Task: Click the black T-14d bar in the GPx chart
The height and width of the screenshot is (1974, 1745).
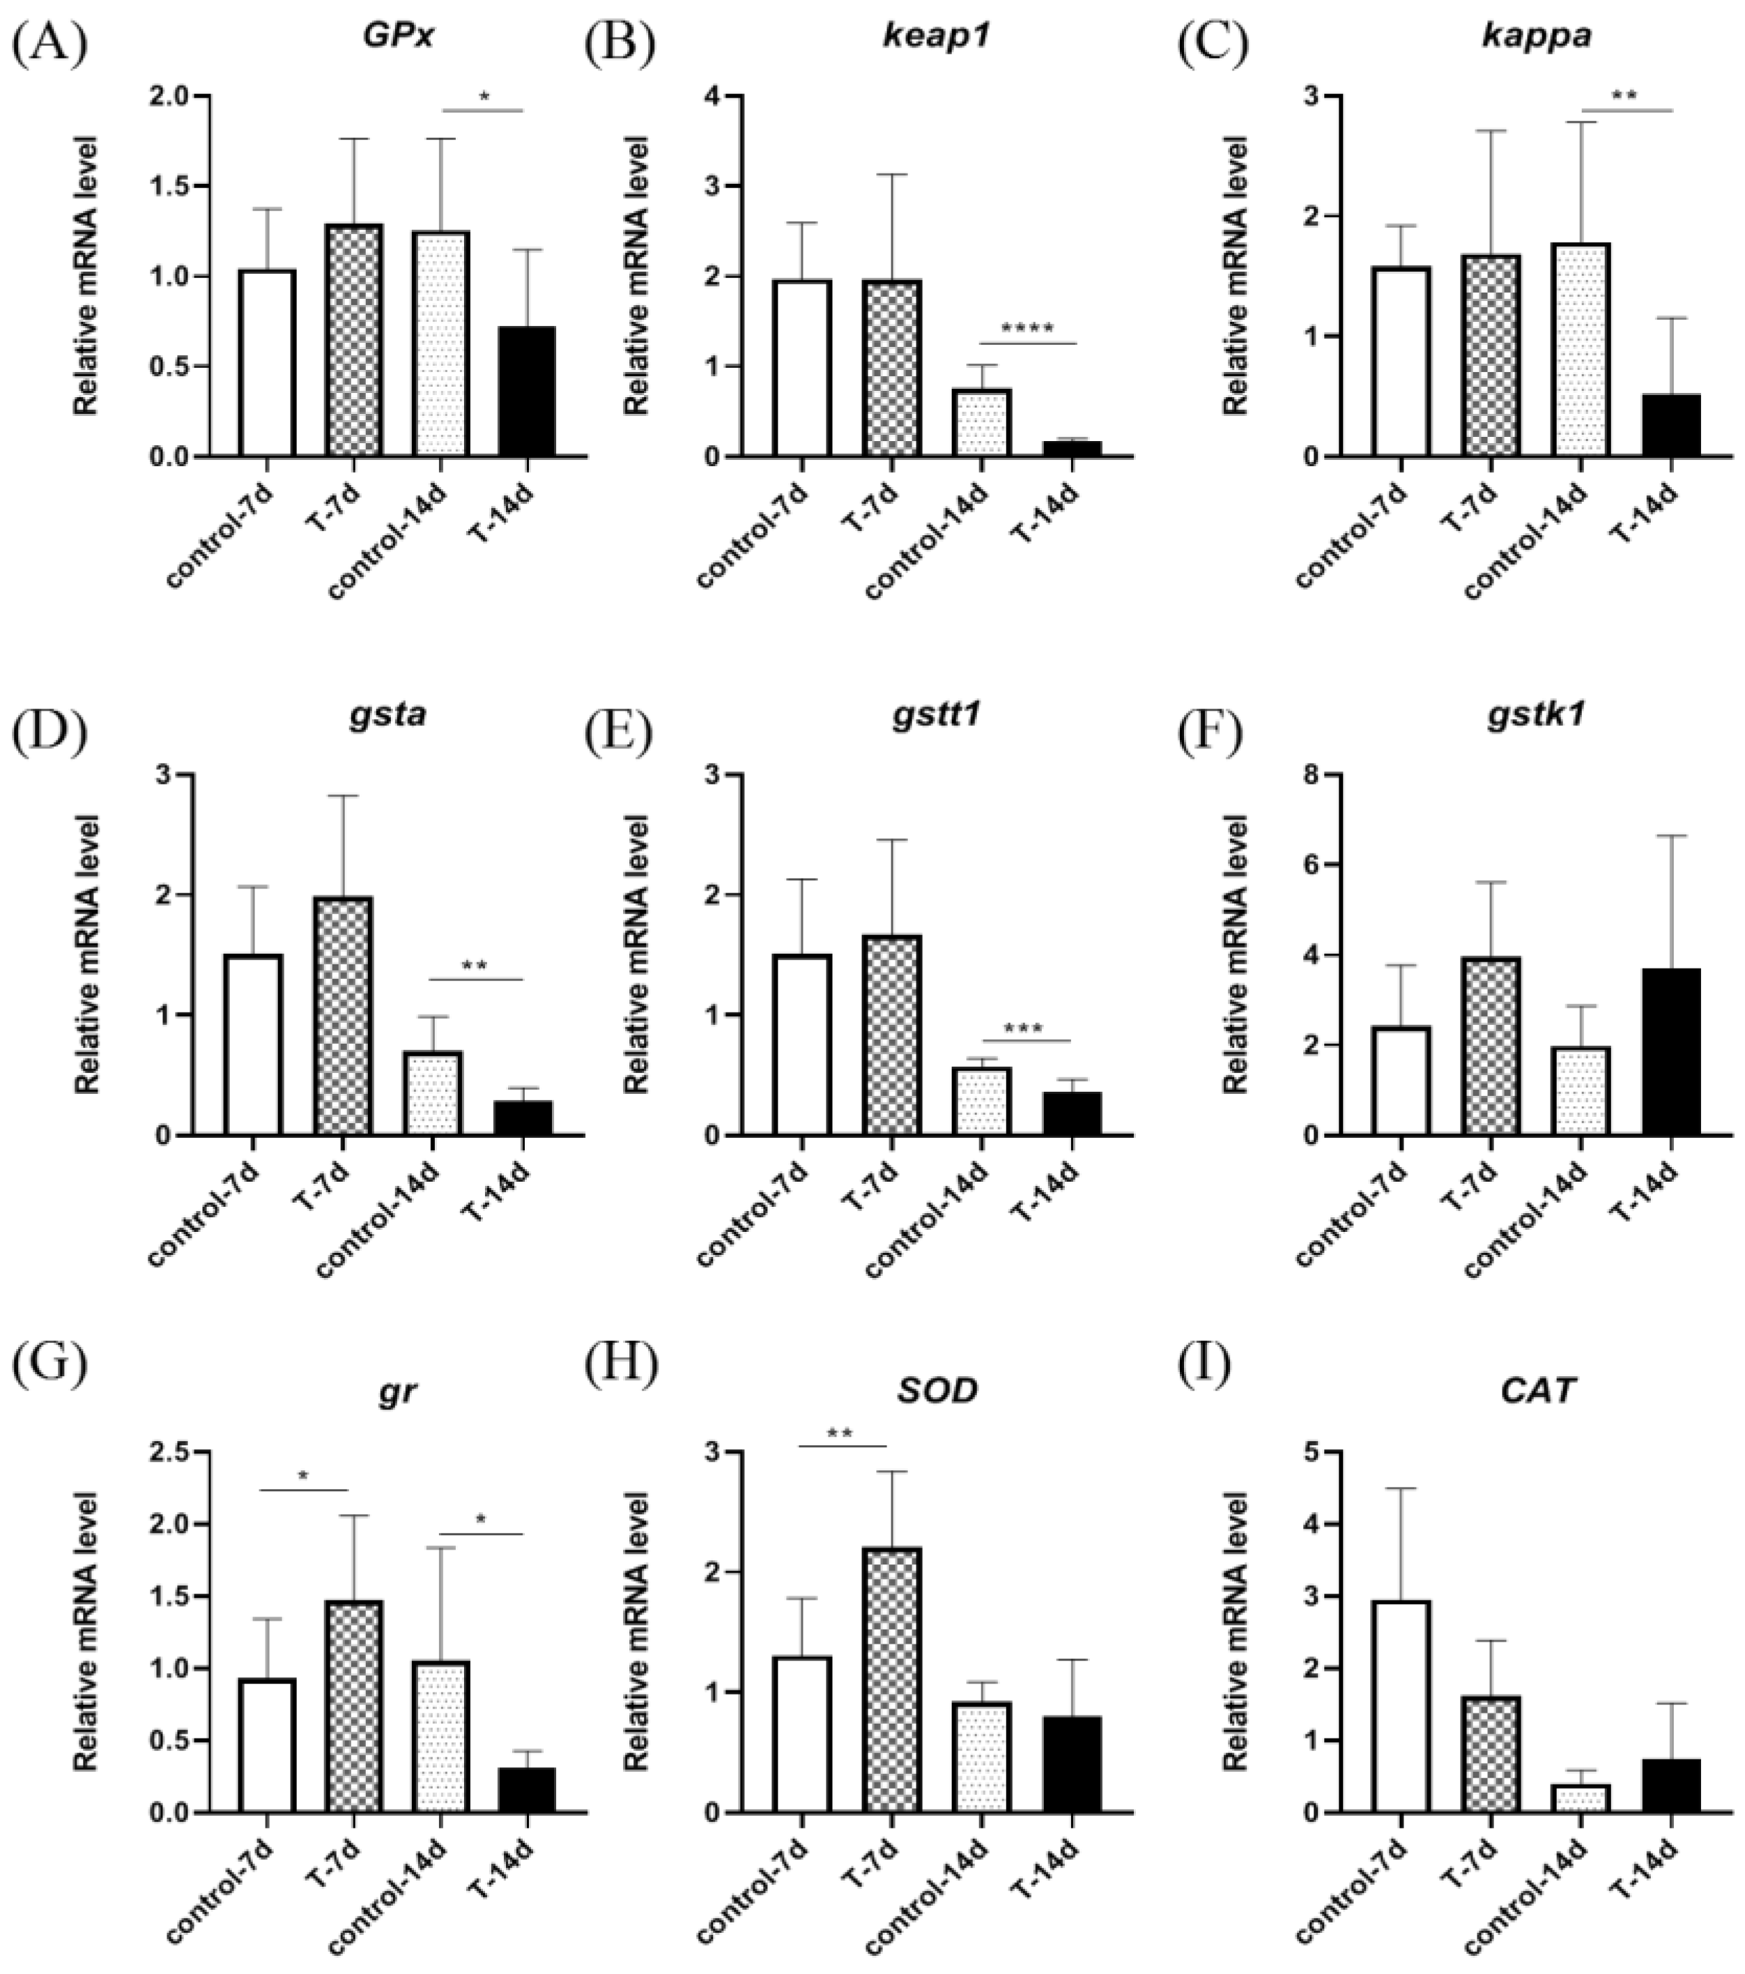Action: click(528, 391)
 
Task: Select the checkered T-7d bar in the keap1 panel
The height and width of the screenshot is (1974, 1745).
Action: click(892, 368)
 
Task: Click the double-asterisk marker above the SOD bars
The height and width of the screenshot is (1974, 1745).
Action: click(840, 1432)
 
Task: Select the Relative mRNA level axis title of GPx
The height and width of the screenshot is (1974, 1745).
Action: click(87, 276)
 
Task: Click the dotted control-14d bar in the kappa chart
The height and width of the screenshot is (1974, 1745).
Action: click(1581, 350)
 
